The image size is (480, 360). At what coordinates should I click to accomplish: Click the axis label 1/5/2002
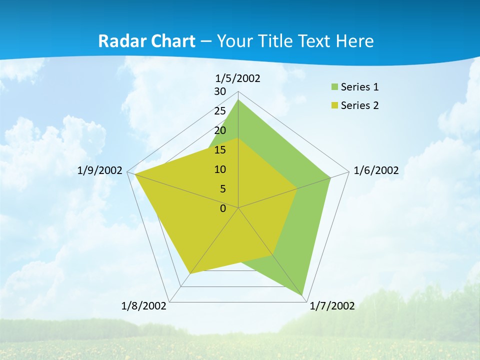[x=238, y=78]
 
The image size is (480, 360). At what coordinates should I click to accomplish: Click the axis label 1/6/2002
[x=376, y=170]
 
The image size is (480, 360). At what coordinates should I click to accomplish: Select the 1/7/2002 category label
[x=332, y=305]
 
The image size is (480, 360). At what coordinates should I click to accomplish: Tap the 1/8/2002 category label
[x=144, y=305]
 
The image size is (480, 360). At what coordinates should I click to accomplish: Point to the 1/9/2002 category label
[x=100, y=170]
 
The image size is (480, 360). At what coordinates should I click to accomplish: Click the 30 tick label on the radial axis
[x=219, y=91]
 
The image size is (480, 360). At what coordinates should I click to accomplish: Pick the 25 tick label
[x=219, y=111]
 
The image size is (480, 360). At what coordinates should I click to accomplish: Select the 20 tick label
[x=219, y=130]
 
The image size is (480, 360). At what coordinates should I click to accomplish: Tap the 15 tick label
[x=219, y=150]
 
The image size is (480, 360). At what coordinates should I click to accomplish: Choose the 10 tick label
[x=219, y=169]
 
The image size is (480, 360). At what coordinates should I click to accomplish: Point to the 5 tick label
[x=222, y=189]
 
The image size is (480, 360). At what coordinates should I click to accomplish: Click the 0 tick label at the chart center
[x=222, y=208]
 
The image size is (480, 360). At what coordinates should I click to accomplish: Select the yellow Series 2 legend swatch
[x=334, y=105]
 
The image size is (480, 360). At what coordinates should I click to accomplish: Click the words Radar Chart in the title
[x=146, y=41]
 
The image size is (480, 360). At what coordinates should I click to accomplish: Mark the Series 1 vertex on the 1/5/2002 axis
[x=238, y=99]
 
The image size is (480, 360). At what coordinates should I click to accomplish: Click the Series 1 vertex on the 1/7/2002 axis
[x=303, y=295]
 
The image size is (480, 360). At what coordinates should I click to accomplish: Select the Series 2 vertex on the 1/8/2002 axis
[x=190, y=273]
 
